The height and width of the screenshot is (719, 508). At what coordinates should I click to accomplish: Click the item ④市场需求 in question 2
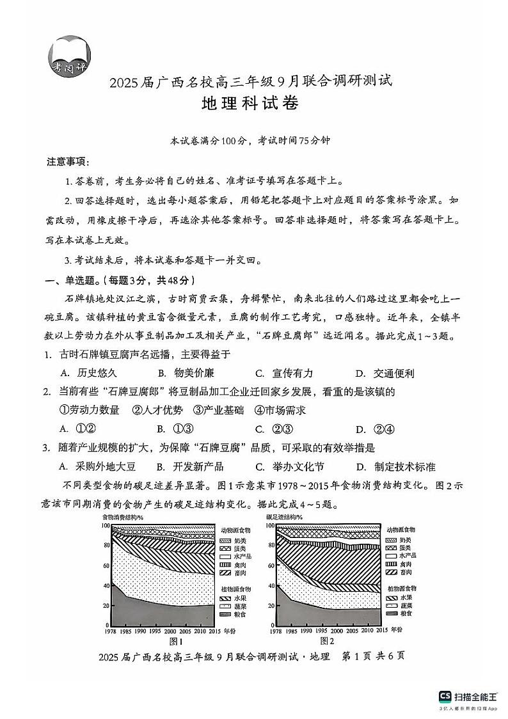pos(280,411)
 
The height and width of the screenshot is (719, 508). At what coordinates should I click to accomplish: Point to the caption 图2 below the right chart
pos(327,640)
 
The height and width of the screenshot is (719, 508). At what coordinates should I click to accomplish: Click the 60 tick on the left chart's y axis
pos(106,565)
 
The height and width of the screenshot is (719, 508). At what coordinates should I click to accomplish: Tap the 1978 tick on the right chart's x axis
pos(276,631)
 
